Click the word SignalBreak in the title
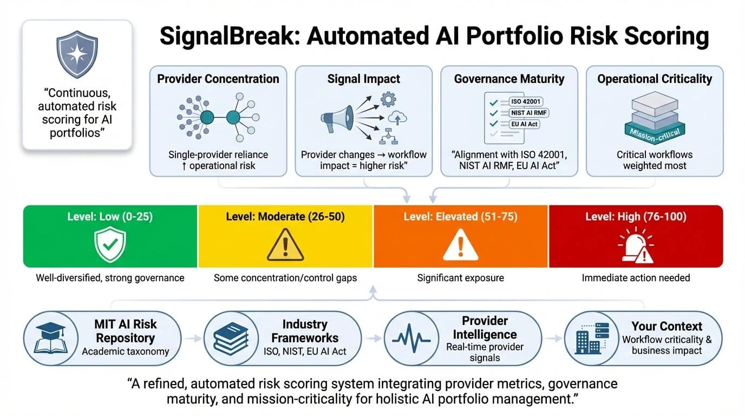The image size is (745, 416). (x=228, y=37)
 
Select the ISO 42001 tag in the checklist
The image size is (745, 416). (x=526, y=101)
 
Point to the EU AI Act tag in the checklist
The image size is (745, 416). (x=525, y=124)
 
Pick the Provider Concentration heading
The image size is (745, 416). (x=218, y=79)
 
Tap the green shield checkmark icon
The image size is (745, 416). (x=110, y=244)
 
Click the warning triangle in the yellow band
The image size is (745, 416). (x=285, y=245)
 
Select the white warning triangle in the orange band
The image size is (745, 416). (x=460, y=245)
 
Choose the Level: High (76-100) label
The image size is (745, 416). (x=636, y=217)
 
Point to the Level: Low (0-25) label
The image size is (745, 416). (x=110, y=217)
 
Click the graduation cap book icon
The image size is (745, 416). (x=50, y=338)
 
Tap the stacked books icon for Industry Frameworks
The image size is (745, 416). (x=230, y=338)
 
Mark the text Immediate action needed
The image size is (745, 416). (x=636, y=278)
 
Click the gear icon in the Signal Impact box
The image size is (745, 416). (x=388, y=100)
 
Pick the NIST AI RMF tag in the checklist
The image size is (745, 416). (x=525, y=113)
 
